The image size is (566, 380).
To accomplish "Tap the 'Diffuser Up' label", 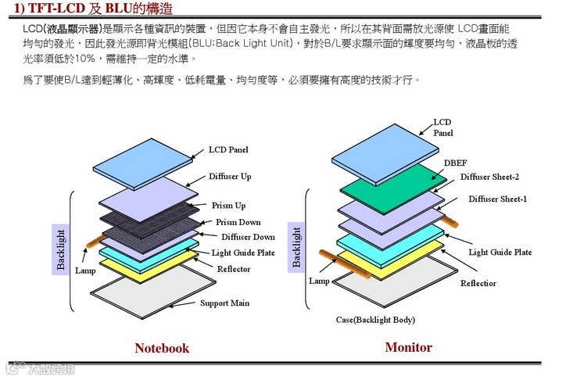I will [230, 177].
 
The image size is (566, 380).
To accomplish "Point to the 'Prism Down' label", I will [238, 222].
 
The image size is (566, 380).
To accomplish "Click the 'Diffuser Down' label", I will [248, 237].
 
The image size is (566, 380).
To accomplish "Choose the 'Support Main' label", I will [225, 303].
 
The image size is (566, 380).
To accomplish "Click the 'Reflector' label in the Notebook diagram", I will [234, 269].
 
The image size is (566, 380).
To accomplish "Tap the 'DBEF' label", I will [456, 163].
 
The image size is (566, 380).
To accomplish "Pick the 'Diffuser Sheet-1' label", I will [497, 199].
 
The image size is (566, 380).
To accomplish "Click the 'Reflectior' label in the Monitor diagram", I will [478, 283].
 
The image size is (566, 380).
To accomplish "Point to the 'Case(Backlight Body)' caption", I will [375, 320].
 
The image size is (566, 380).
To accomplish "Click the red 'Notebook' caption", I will [162, 348].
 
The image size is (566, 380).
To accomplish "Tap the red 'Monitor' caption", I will [408, 347].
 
